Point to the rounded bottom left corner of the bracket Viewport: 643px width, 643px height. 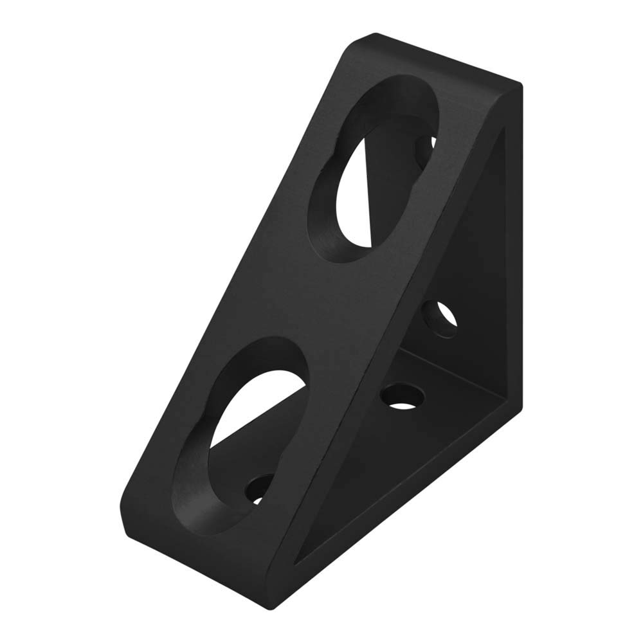(x=126, y=508)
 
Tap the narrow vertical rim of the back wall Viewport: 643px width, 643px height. (x=512, y=257)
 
